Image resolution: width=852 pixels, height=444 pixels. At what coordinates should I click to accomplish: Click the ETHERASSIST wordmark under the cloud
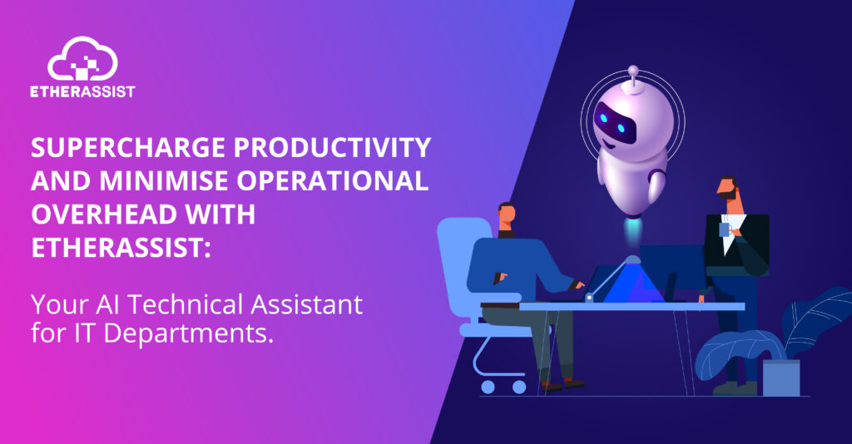click(x=82, y=91)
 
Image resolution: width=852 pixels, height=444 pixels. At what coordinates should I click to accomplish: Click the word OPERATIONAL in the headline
click(x=333, y=180)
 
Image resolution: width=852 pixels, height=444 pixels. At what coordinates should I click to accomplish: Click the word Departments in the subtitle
click(x=188, y=333)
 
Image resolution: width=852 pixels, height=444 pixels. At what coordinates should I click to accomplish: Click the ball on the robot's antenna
click(x=633, y=71)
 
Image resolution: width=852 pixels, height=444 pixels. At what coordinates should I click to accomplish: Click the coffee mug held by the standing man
click(x=726, y=229)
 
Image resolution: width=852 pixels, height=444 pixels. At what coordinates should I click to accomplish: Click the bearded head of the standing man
click(x=729, y=189)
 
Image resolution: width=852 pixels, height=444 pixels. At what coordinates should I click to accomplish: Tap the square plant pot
click(x=781, y=377)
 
